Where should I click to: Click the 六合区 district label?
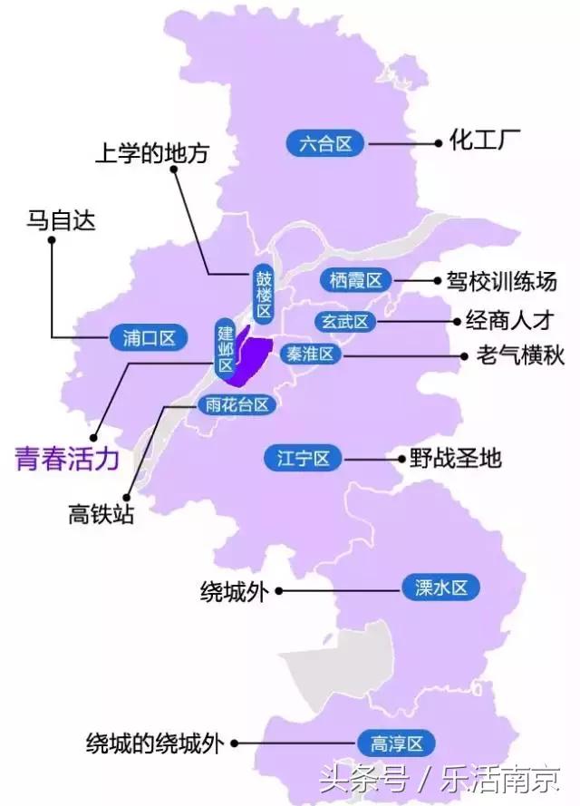coord(324,143)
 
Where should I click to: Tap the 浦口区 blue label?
coord(149,338)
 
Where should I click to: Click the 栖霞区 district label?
coord(355,280)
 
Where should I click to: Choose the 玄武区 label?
coord(344,321)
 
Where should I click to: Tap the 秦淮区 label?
coord(309,354)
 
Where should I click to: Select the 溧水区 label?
coord(440,588)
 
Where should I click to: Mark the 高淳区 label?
coord(397,743)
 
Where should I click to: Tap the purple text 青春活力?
coord(67,459)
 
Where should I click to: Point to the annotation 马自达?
coord(62,220)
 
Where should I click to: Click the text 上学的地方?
coord(151,153)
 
